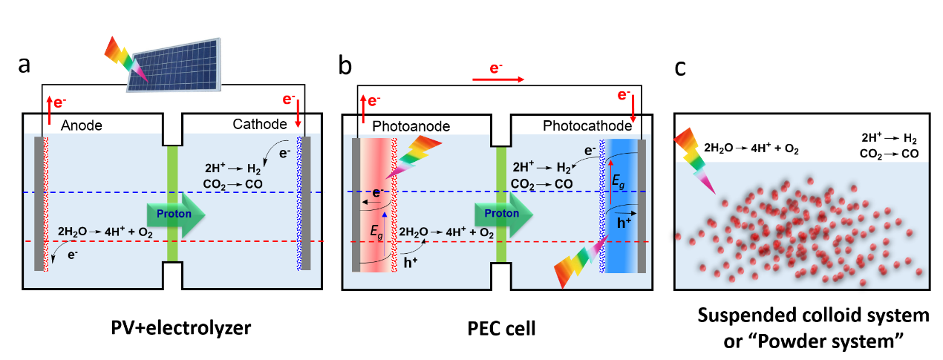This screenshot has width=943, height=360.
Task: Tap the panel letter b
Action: [345, 65]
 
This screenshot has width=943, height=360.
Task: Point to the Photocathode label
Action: [587, 126]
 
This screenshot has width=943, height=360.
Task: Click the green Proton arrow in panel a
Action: [176, 214]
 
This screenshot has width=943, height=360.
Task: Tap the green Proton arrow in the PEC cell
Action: [503, 214]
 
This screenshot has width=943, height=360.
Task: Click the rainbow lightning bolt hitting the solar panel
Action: [125, 57]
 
